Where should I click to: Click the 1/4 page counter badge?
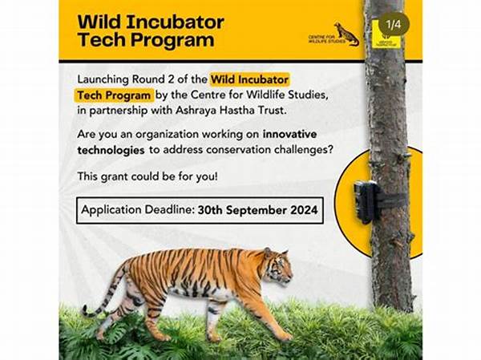pos(393,24)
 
